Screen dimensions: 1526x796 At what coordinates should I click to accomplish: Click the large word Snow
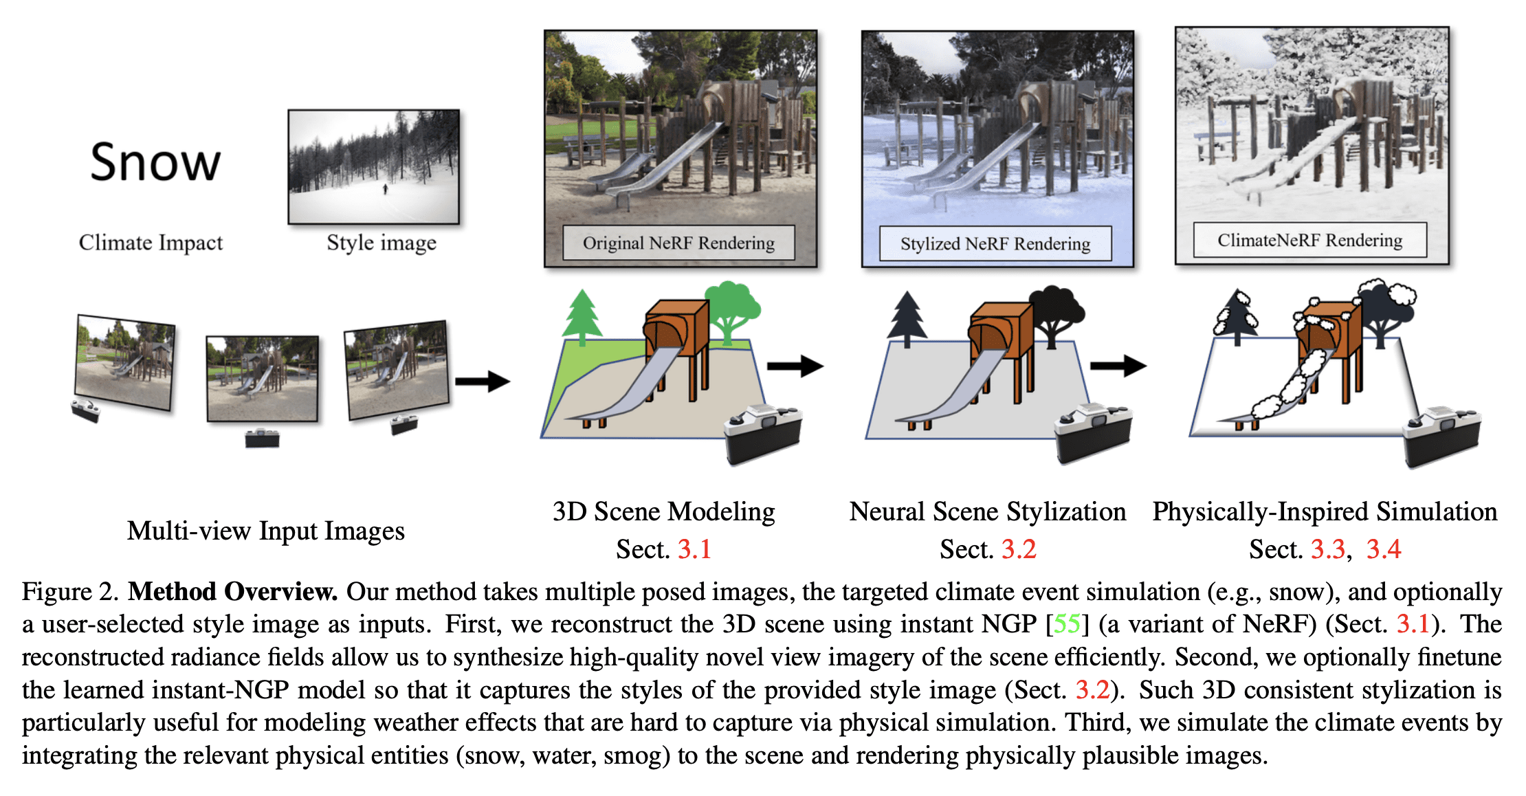point(155,162)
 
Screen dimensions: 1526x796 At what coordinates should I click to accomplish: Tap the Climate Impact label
point(151,243)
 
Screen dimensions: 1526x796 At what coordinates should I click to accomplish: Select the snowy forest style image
point(373,167)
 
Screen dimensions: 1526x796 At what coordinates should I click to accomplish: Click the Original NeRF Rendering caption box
point(678,243)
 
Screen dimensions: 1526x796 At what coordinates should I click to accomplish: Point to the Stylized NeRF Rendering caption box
point(995,244)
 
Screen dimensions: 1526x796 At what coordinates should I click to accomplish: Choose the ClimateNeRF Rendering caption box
point(1309,240)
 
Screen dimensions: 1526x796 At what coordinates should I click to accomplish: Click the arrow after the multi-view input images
point(483,380)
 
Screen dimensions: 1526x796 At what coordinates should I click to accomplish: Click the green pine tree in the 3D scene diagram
point(582,316)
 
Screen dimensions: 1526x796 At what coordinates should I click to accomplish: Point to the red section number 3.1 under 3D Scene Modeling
point(694,549)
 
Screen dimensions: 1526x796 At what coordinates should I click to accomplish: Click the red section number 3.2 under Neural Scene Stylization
point(1019,549)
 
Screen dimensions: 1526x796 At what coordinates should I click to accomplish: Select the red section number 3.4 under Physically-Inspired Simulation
point(1383,549)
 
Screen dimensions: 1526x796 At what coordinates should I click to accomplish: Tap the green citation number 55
point(1066,624)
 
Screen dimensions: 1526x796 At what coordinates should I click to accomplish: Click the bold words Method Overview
point(232,592)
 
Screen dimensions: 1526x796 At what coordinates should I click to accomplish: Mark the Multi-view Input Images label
point(266,531)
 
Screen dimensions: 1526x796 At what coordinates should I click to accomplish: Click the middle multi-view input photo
point(263,378)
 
